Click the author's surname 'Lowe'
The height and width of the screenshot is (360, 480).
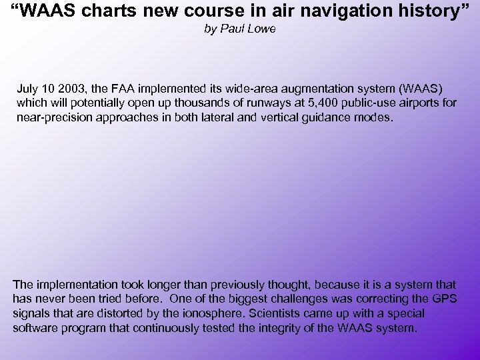(261, 29)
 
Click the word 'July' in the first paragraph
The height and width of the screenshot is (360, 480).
(27, 89)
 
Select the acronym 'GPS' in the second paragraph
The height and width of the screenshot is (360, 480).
(443, 299)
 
